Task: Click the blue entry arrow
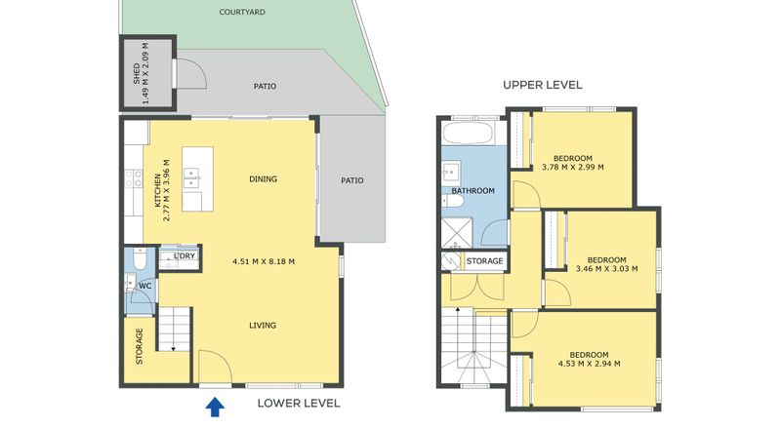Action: [215, 407]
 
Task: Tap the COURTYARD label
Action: [242, 12]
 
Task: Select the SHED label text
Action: [136, 73]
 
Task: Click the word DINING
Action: [263, 179]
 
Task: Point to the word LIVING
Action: [263, 326]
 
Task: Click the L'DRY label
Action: [185, 256]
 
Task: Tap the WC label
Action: [144, 287]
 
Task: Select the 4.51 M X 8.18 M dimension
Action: [264, 261]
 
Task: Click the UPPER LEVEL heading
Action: [543, 85]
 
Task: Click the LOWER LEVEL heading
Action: [299, 403]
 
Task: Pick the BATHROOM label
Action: [473, 190]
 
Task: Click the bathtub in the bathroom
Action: [468, 133]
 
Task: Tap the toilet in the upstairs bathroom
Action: [453, 201]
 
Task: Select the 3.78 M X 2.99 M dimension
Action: [573, 168]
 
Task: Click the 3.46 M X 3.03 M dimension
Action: [606, 269]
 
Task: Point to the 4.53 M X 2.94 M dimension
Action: [590, 364]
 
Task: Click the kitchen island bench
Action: [197, 179]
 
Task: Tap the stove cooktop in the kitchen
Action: [133, 178]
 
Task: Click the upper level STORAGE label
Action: [484, 260]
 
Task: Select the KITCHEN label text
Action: [157, 190]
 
